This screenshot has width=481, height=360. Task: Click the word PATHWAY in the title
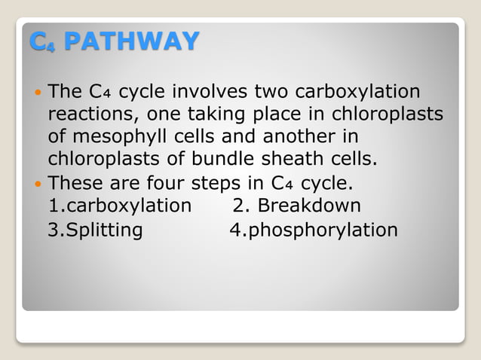(x=131, y=41)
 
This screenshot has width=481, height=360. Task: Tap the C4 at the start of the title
(x=43, y=41)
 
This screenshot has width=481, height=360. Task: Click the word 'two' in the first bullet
(x=270, y=92)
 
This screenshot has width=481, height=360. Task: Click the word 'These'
(x=73, y=183)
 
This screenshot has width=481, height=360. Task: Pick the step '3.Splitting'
(x=95, y=230)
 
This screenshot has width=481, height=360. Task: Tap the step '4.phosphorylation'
(x=313, y=230)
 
